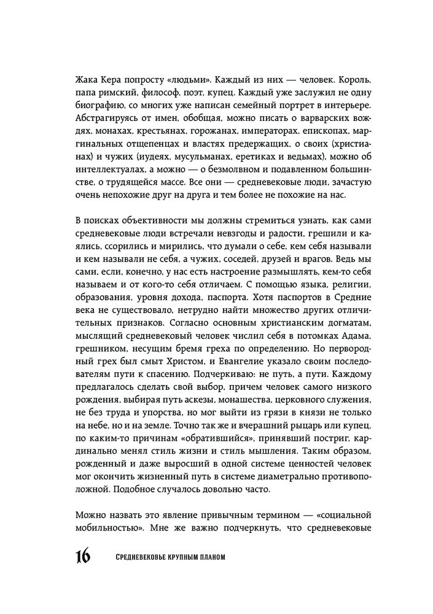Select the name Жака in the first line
tap(86, 80)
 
